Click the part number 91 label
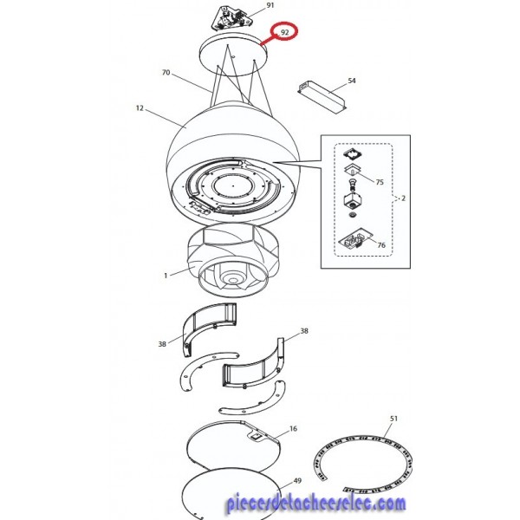pyautogui.click(x=270, y=5)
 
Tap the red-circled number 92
pyautogui.click(x=284, y=32)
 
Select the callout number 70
pyautogui.click(x=166, y=72)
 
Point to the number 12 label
pyautogui.click(x=140, y=108)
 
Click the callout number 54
pyautogui.click(x=352, y=81)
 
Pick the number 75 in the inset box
pyautogui.click(x=380, y=182)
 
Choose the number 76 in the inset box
pyautogui.click(x=381, y=245)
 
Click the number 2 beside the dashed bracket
pyautogui.click(x=403, y=198)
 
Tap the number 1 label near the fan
pyautogui.click(x=166, y=276)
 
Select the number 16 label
pyautogui.click(x=293, y=429)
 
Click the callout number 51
pyautogui.click(x=393, y=419)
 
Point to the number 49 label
pyautogui.click(x=297, y=480)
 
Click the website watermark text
pyautogui.click(x=316, y=503)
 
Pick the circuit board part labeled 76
pyautogui.click(x=354, y=239)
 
